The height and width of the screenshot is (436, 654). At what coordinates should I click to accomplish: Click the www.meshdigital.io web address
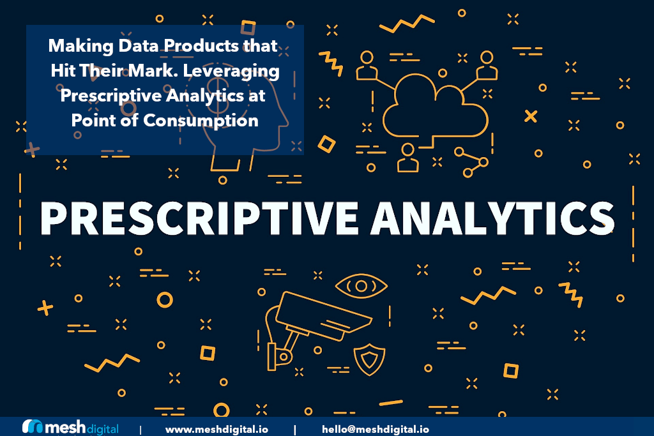click(x=217, y=429)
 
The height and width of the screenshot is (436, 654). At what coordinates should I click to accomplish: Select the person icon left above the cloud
click(x=367, y=64)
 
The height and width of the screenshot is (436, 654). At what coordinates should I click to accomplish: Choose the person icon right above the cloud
click(x=487, y=64)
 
